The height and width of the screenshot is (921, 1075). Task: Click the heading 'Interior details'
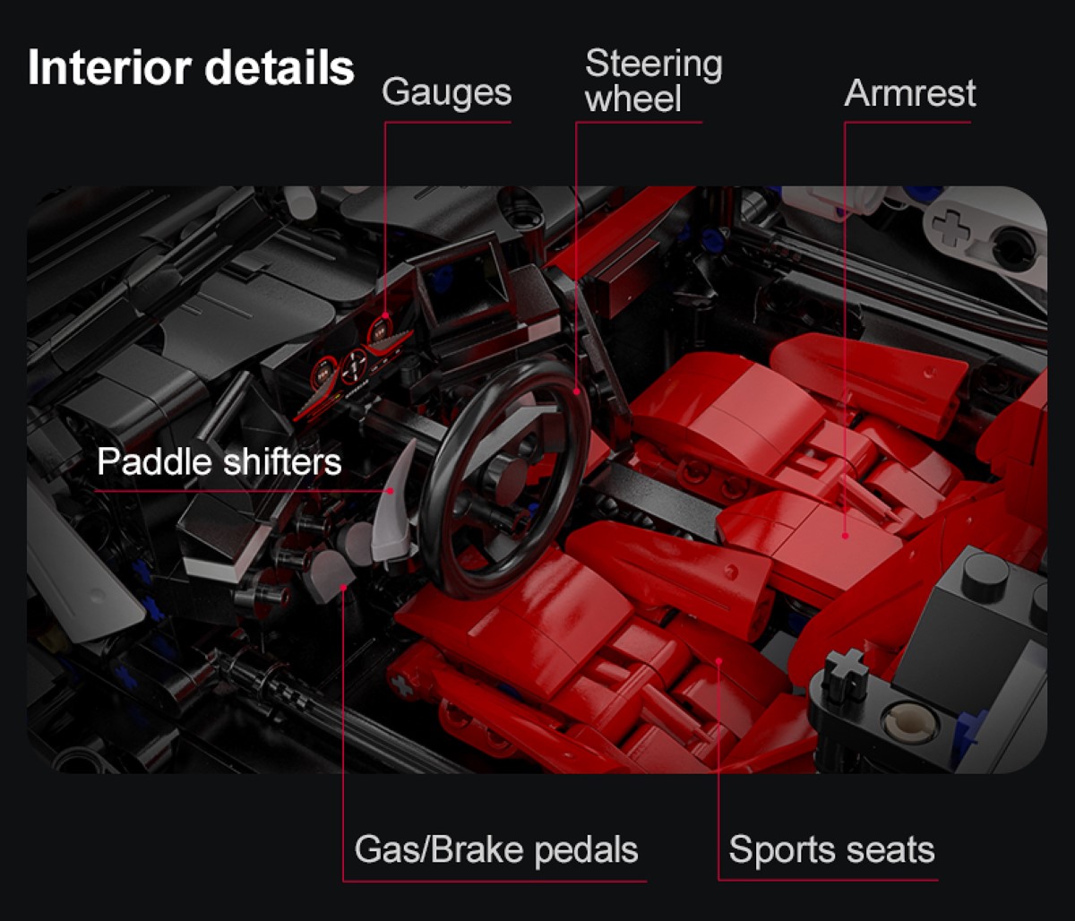191,69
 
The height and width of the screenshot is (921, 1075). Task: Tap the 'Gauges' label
446,92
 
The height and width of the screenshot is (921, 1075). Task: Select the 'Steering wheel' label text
653,81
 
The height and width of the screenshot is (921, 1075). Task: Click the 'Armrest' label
909,93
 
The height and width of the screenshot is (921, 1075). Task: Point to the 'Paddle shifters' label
219,462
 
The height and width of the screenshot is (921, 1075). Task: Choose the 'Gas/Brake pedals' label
496,849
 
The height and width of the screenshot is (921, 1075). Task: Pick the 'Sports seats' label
831,849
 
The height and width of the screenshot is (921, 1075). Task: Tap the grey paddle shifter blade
400,502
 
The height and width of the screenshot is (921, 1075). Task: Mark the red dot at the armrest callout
845,536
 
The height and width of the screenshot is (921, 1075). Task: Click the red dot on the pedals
344,586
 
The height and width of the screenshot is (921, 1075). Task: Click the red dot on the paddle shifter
391,490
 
